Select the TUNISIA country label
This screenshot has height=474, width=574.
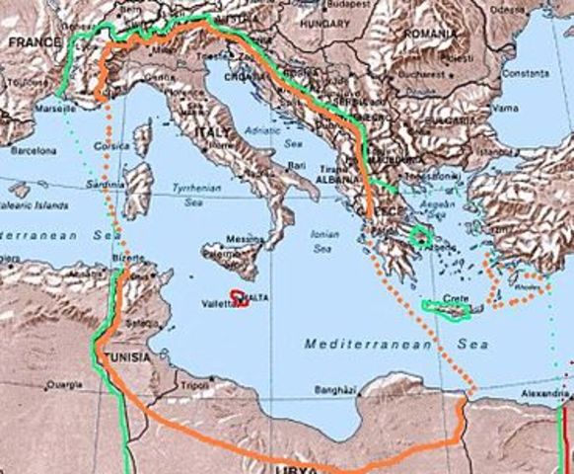[x=127, y=356]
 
